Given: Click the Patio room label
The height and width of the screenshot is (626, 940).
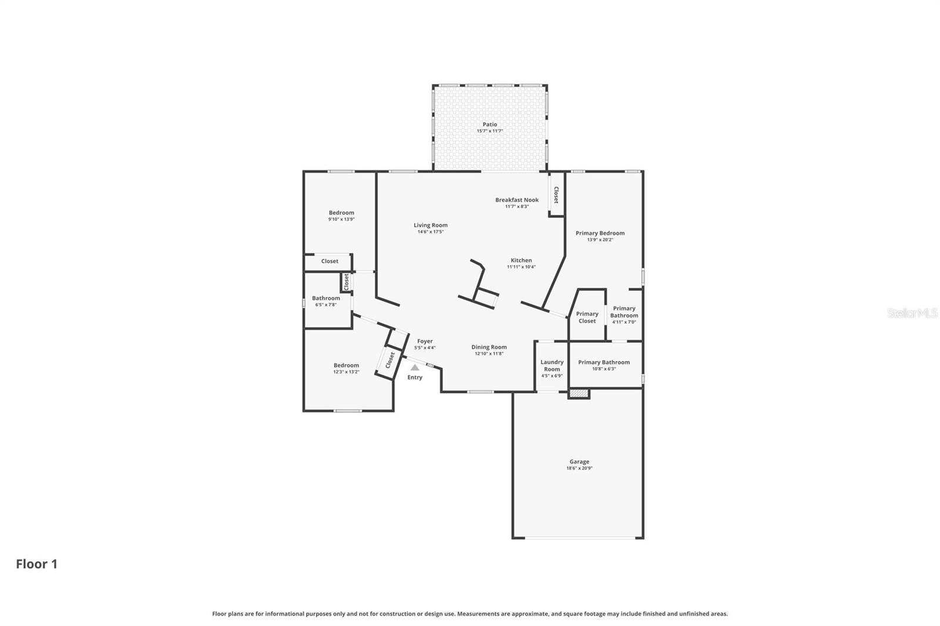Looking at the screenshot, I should pyautogui.click(x=489, y=124).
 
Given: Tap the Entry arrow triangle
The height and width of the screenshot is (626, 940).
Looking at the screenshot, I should pyautogui.click(x=415, y=368).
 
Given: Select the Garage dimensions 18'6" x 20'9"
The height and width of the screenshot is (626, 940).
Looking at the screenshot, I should pyautogui.click(x=579, y=469).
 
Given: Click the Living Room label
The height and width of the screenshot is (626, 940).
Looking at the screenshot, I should pyautogui.click(x=430, y=225).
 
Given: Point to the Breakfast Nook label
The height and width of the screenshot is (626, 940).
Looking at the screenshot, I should pyautogui.click(x=516, y=200).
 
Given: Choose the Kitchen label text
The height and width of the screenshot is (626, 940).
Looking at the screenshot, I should pyautogui.click(x=521, y=260).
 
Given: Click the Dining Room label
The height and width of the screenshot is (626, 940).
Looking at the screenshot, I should pyautogui.click(x=489, y=347).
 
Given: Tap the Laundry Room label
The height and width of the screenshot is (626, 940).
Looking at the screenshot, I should pyautogui.click(x=552, y=366).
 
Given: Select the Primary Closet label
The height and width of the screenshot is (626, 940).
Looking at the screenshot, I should pyautogui.click(x=587, y=317).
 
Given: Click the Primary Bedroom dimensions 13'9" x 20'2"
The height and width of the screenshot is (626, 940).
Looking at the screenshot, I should pyautogui.click(x=600, y=240).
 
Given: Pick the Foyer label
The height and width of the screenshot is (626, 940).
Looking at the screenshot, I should pyautogui.click(x=425, y=341).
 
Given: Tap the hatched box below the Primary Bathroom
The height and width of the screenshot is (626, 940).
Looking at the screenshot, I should pyautogui.click(x=579, y=393).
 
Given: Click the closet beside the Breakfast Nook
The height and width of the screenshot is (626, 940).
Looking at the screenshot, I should pyautogui.click(x=556, y=195).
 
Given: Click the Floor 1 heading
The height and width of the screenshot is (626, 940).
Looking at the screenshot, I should pyautogui.click(x=36, y=564).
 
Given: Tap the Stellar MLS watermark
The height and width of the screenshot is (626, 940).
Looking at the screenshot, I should pyautogui.click(x=912, y=313).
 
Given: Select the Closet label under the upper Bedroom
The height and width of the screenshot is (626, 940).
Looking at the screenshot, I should pyautogui.click(x=330, y=261).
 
